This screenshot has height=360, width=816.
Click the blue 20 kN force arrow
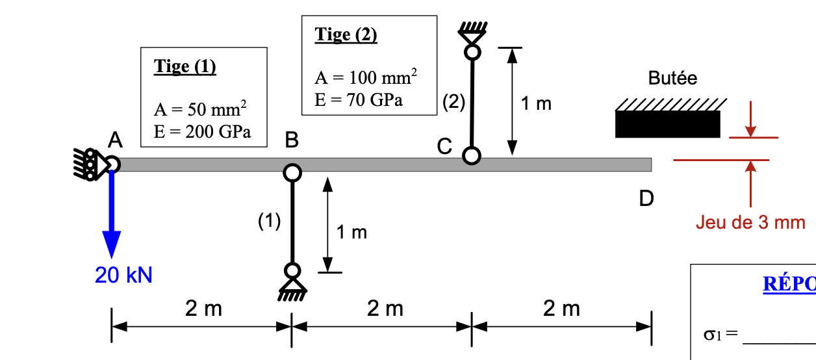[112, 214]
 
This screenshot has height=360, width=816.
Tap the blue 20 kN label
[123, 276]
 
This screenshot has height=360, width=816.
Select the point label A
[115, 139]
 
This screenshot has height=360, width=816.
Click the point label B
[292, 139]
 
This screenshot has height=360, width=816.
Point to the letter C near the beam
[444, 148]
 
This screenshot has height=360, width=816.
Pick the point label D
[646, 198]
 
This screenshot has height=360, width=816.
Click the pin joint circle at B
[292, 172]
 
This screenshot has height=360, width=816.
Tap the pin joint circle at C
[472, 156]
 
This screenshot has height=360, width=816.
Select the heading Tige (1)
[185, 66]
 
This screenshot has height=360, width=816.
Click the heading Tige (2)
[346, 34]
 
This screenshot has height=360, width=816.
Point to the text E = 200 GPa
[202, 131]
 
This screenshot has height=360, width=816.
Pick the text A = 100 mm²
[366, 78]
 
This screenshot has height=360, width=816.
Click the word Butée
[672, 79]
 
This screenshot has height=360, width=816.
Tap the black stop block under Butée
[668, 124]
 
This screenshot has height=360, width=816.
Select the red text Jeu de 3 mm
[750, 223]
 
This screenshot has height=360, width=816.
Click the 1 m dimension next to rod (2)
[536, 103]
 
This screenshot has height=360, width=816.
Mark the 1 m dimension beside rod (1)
[351, 232]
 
